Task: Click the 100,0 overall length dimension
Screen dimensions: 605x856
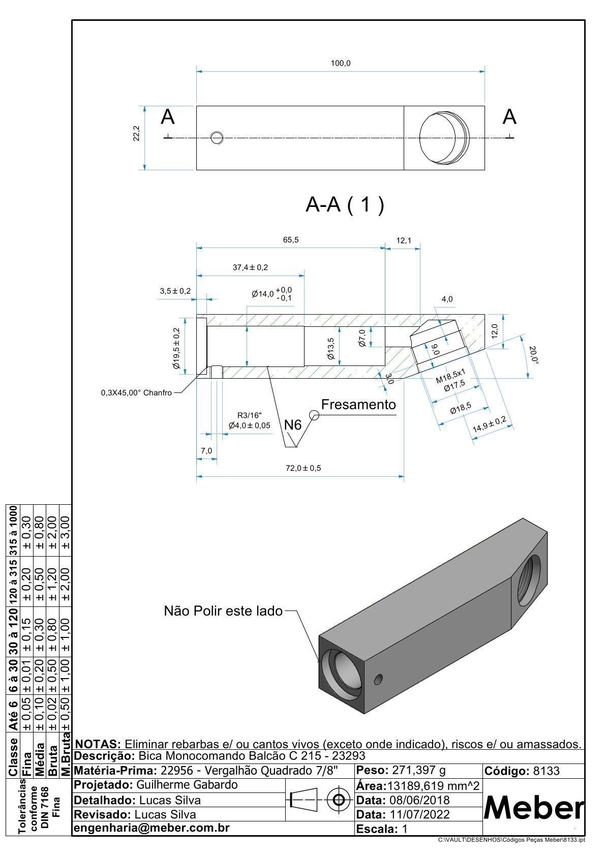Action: [x=340, y=63]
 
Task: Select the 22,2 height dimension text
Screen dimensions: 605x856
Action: [x=136, y=133]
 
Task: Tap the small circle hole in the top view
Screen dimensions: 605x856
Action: [x=217, y=138]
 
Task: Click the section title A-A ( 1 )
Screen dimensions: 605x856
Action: [x=345, y=204]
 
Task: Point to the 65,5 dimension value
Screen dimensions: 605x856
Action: [x=290, y=240]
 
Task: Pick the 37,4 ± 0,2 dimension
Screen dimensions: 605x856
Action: [x=250, y=267]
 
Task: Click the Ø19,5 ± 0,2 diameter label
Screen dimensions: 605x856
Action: [x=176, y=348]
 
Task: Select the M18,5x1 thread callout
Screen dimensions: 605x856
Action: [x=450, y=376]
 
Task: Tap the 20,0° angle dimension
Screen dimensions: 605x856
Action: [x=533, y=355]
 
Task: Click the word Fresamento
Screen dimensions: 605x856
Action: [x=358, y=405]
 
